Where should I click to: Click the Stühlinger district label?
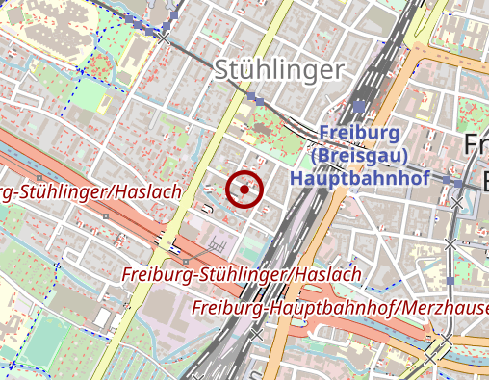click(279, 69)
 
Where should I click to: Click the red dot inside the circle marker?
click(244, 190)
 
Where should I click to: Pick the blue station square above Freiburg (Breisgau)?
click(359, 108)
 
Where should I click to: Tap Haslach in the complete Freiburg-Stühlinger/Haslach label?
click(325, 275)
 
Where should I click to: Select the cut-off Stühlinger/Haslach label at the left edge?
click(91, 192)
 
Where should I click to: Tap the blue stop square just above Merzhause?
click(450, 281)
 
